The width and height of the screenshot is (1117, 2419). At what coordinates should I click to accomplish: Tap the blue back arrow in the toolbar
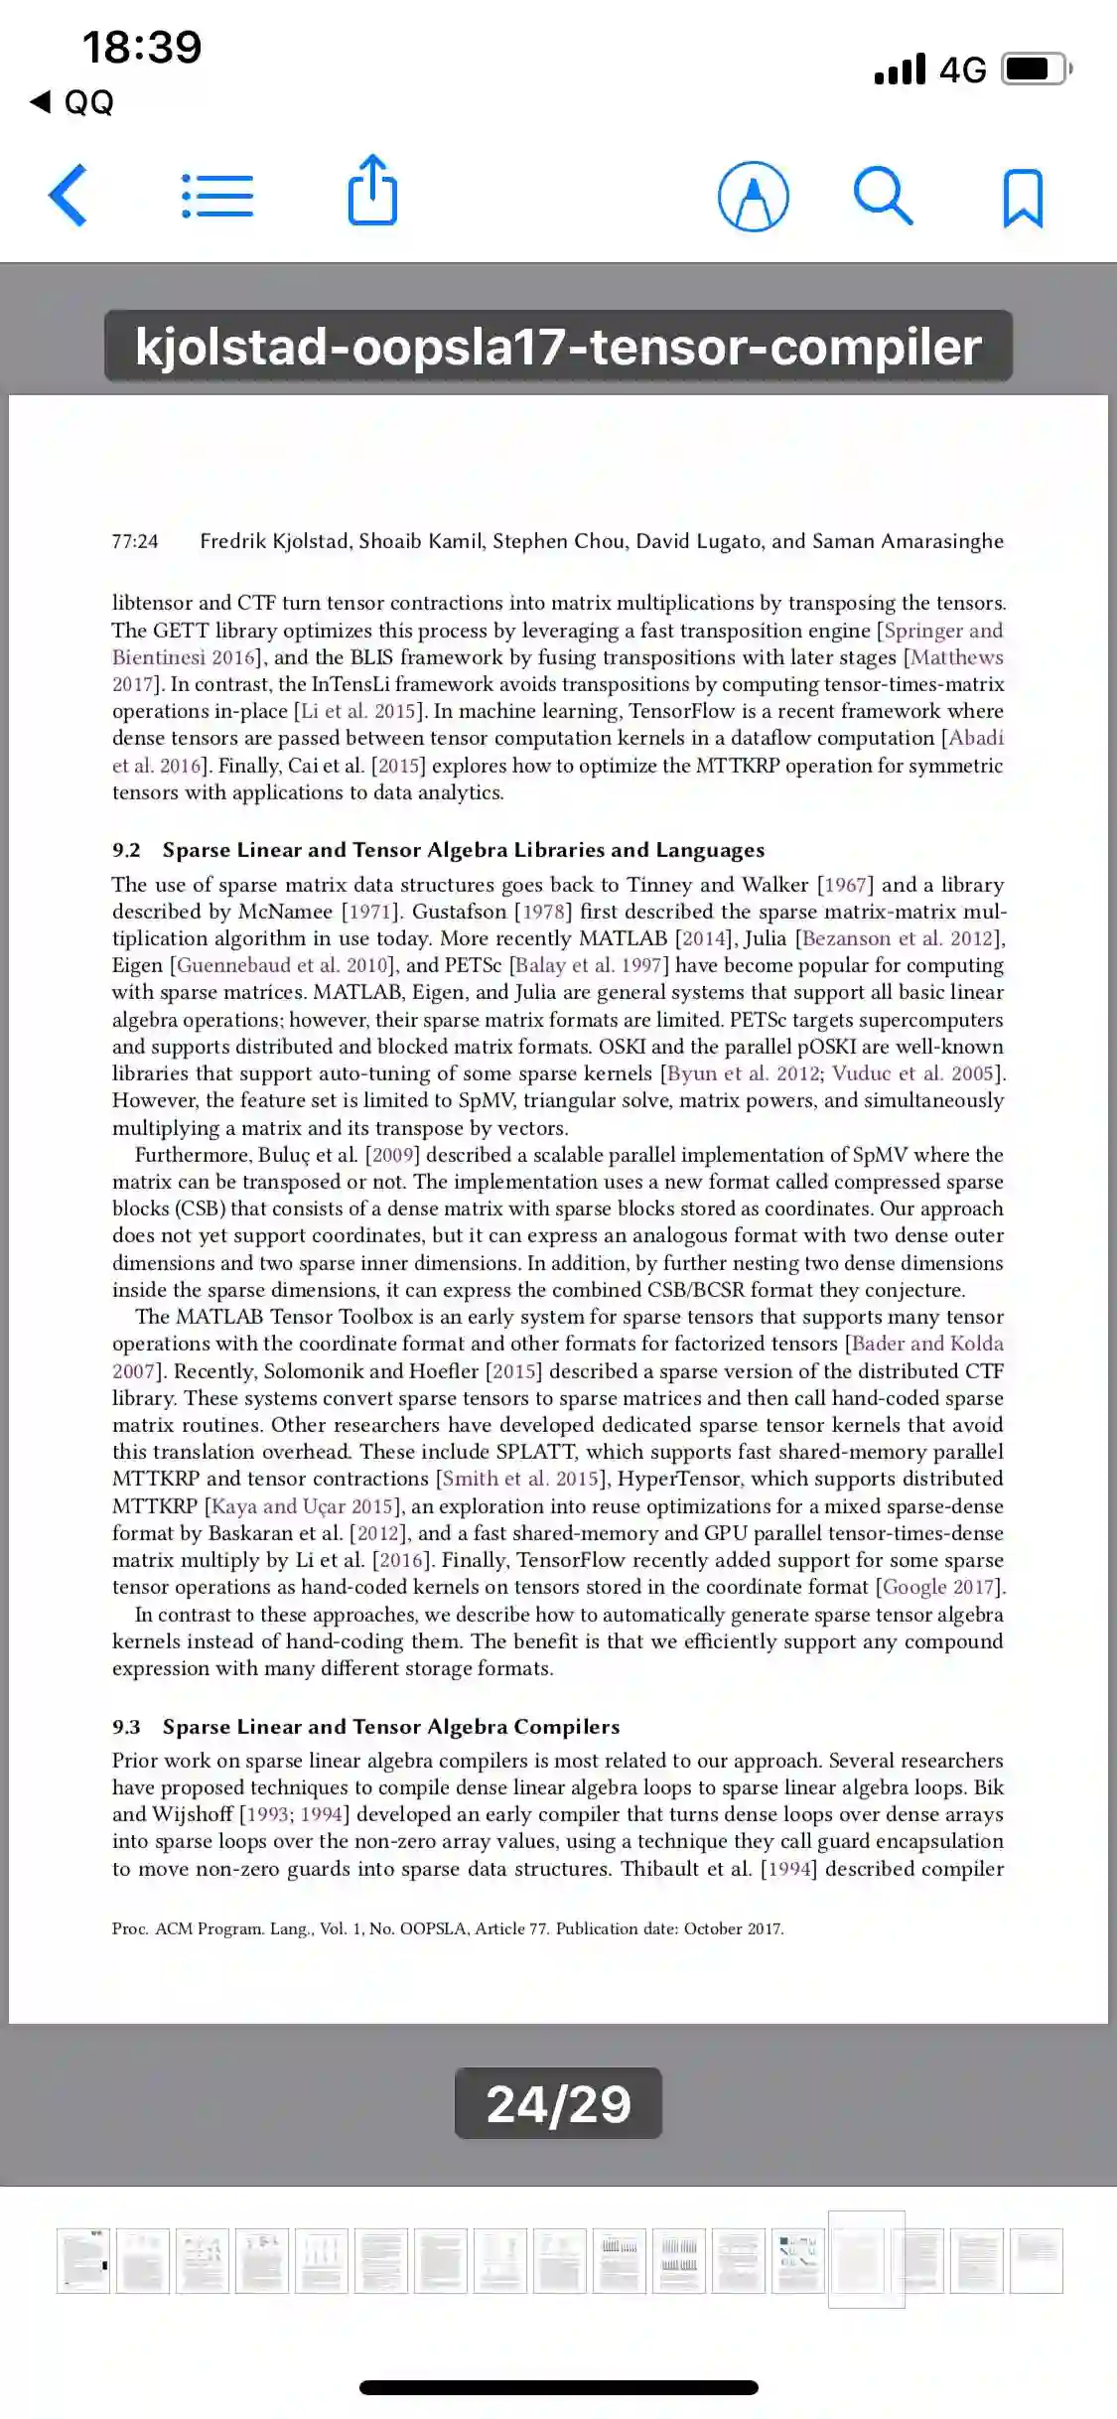[68, 195]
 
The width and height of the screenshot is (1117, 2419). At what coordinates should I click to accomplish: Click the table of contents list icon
[217, 196]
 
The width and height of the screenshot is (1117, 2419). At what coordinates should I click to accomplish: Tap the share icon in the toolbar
[372, 191]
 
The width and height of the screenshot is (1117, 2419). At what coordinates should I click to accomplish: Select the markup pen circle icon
[754, 196]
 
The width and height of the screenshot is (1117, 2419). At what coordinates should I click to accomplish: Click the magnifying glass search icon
[883, 196]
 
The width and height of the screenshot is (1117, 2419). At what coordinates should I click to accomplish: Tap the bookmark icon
[1023, 198]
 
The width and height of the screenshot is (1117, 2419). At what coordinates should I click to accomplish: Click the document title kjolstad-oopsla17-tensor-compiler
[558, 347]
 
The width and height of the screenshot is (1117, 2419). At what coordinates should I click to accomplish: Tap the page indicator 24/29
[558, 2103]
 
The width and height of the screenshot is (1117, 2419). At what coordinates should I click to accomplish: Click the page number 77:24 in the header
[135, 541]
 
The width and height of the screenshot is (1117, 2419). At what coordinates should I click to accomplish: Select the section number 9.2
[126, 850]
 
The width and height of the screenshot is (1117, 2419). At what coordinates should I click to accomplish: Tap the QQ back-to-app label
[88, 101]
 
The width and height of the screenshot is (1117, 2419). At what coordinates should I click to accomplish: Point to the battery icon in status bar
[1035, 69]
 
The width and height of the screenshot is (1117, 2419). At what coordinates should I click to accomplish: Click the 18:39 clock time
[142, 47]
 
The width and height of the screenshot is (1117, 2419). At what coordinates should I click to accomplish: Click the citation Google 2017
[938, 1587]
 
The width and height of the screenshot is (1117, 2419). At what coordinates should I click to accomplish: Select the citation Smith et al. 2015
[520, 1479]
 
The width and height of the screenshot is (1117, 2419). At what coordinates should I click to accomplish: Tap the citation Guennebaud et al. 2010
[284, 965]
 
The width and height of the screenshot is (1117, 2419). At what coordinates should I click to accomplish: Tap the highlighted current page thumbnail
[866, 2259]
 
